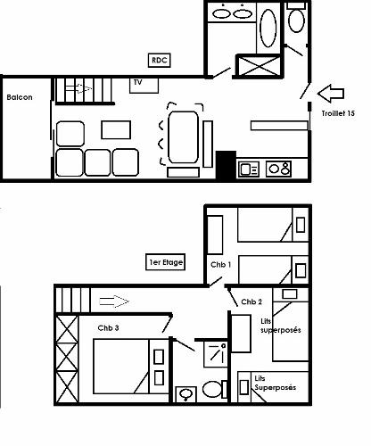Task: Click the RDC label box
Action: point(160,61)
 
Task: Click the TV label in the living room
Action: point(138,82)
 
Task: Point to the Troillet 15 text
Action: point(338,114)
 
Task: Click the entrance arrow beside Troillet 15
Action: point(330,92)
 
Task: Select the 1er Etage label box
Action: point(165,263)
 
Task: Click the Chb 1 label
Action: point(220,265)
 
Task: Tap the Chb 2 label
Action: point(251,302)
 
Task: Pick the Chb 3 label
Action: point(110,328)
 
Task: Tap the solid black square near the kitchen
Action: point(225,163)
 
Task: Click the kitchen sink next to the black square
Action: point(248,168)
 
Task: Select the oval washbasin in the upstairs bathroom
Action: point(186,393)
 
